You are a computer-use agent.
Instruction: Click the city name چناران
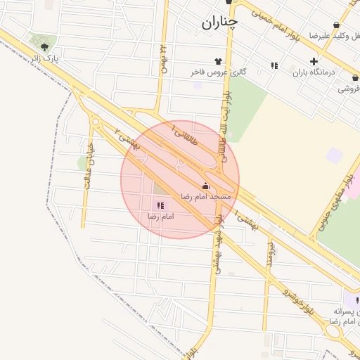(219, 23)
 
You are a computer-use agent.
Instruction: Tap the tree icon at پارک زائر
(45, 47)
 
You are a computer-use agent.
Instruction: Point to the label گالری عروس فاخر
(219, 72)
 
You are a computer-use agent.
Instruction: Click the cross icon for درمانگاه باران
(314, 61)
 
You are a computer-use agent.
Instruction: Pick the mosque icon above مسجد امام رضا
(205, 186)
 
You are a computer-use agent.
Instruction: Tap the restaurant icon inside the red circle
(160, 205)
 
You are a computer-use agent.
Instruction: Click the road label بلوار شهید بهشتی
(221, 240)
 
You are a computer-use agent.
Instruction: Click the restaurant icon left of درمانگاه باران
(274, 65)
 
